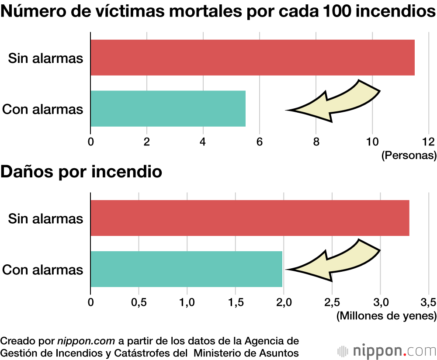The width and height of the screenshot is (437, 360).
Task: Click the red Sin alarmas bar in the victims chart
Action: coord(252,57)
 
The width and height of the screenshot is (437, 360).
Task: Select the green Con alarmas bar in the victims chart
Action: coord(168,108)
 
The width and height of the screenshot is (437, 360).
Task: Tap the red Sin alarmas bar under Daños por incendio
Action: coord(250,218)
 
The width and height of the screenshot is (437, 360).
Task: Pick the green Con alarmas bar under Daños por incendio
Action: coord(186,269)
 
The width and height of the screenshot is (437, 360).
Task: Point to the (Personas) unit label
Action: coord(409,155)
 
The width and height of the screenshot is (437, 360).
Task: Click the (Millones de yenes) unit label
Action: coord(386,315)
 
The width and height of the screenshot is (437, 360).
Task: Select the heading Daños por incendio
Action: coord(81,172)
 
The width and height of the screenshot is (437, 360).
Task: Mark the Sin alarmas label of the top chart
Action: coord(45,58)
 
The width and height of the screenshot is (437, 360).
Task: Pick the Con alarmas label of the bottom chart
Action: coord(43,269)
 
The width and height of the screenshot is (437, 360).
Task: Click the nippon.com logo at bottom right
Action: coord(387,350)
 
